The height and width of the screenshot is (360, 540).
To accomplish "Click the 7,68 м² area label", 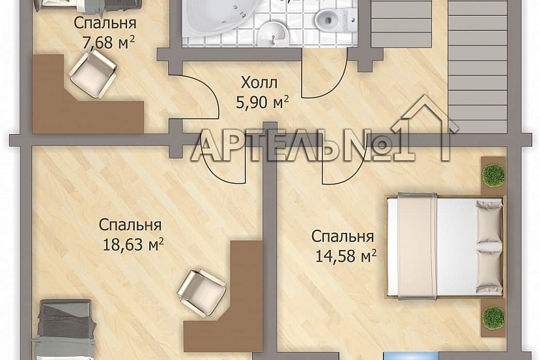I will click(x=105, y=43).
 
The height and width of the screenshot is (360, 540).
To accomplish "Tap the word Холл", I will click(x=259, y=83).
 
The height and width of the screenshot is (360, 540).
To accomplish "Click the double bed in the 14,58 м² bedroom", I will click(x=445, y=247).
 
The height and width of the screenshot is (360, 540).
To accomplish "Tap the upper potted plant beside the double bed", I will click(x=493, y=175).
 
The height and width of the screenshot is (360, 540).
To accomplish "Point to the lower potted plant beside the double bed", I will click(x=493, y=317).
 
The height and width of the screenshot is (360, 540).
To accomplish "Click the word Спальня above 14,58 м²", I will click(x=342, y=236).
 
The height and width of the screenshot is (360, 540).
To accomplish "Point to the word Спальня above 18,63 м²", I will click(x=130, y=225).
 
